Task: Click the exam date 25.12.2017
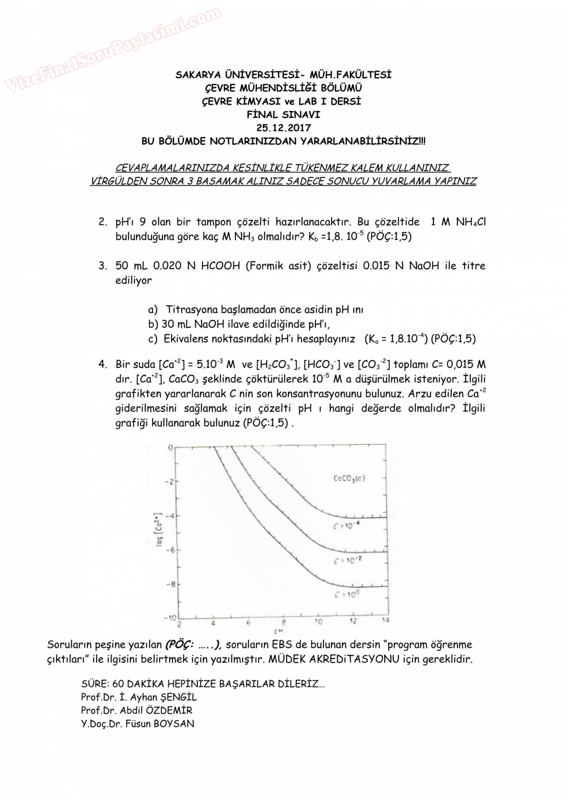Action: [283, 128]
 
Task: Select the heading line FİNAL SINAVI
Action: [283, 115]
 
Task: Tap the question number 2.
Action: [102, 222]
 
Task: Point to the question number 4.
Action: [102, 364]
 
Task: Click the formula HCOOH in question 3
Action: [220, 266]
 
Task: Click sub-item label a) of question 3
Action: [153, 310]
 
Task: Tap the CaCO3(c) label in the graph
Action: [349, 478]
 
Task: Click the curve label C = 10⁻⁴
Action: [346, 526]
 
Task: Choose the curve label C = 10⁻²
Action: [347, 561]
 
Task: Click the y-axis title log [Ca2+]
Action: [159, 529]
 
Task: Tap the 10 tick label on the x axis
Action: [318, 621]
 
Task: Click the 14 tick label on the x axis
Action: [385, 620]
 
